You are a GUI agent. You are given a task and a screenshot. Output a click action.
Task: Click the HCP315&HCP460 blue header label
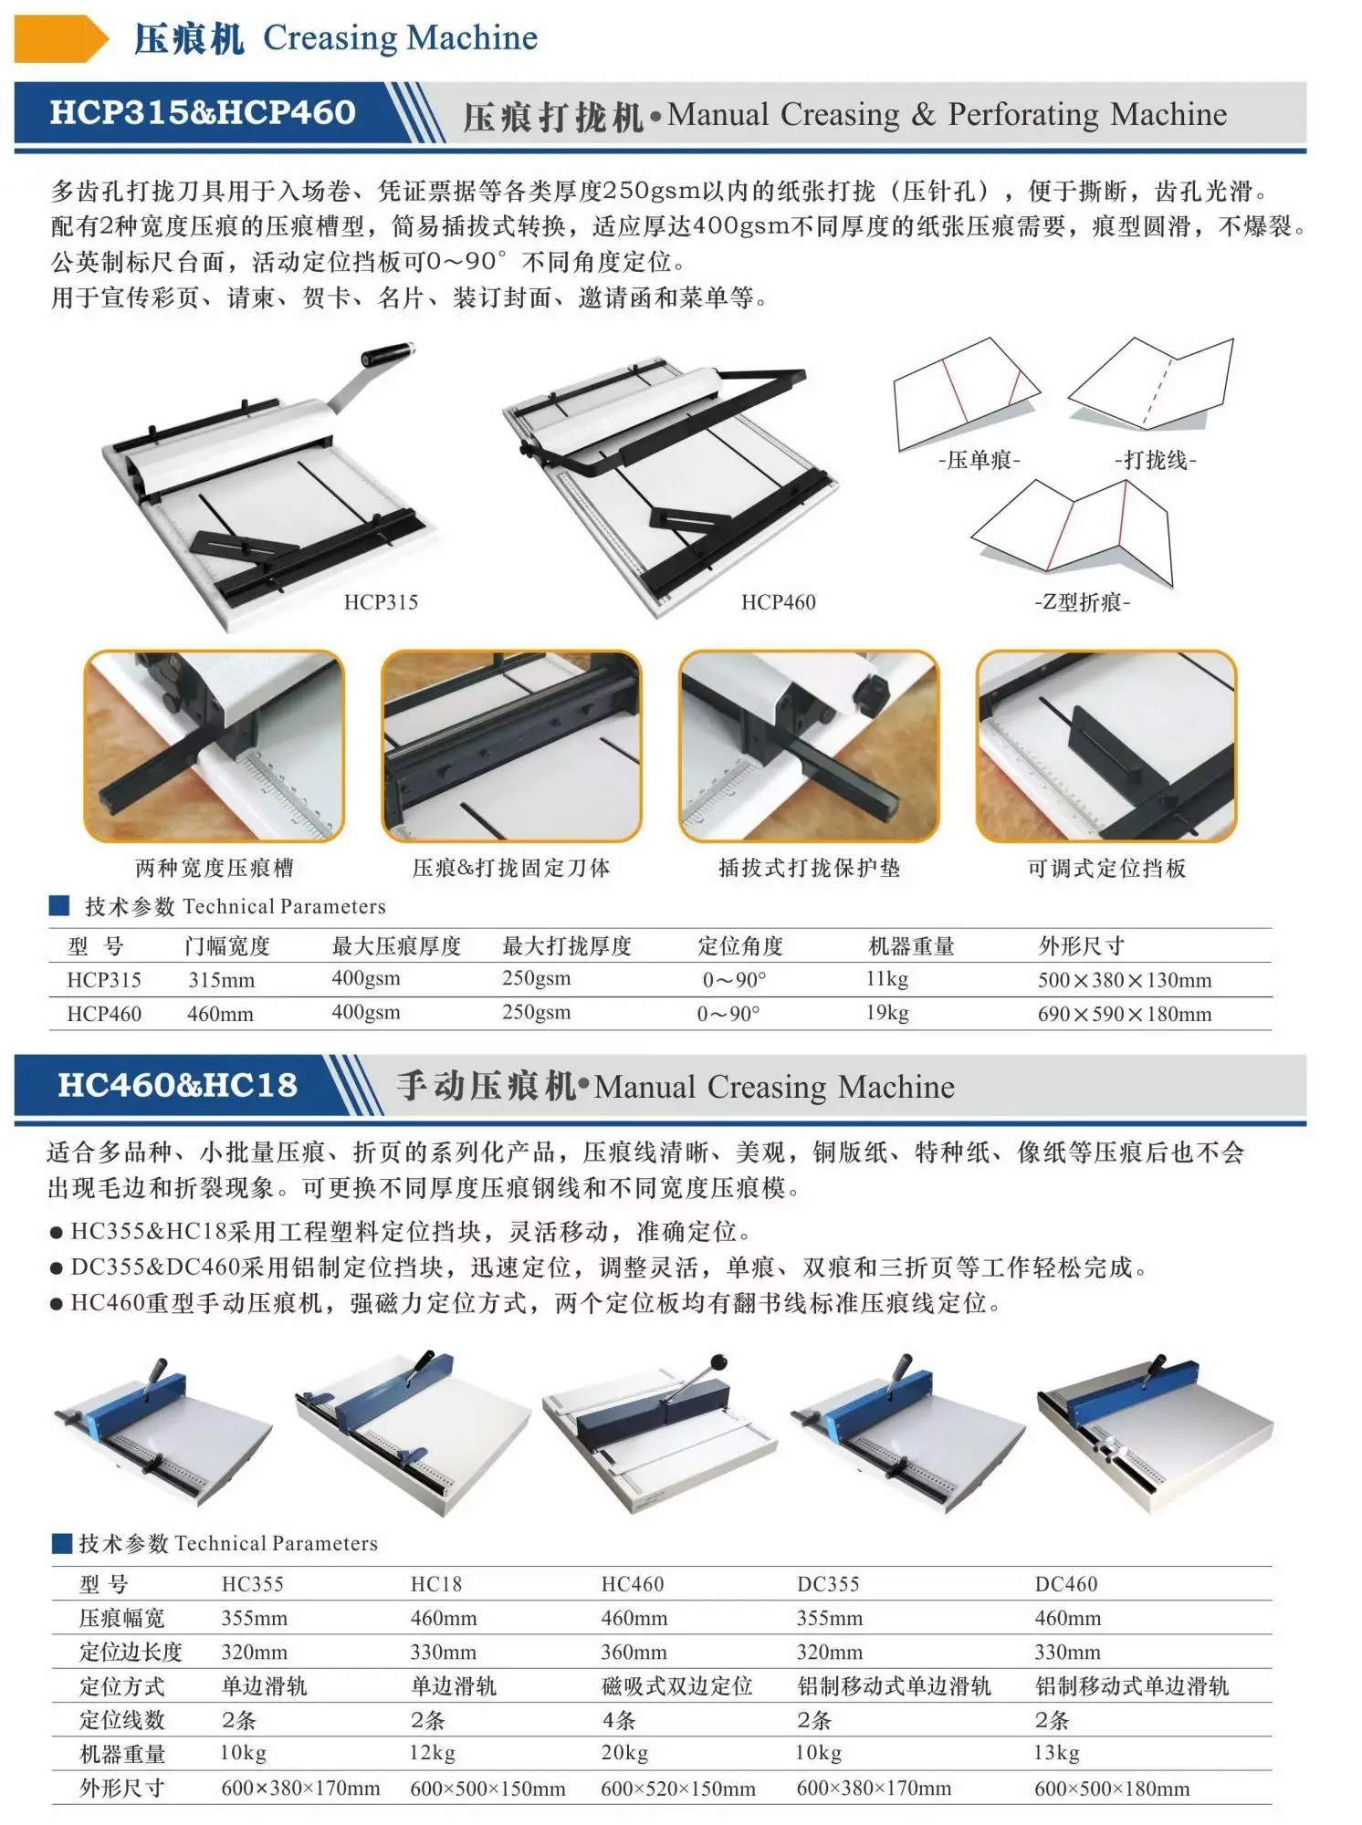(202, 112)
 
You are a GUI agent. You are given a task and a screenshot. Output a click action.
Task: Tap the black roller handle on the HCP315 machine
(387, 356)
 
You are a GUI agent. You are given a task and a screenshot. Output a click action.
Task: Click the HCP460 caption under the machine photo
(778, 602)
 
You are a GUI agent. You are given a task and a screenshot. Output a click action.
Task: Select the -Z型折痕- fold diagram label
(1082, 602)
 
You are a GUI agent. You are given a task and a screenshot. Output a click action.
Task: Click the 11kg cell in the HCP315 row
(886, 979)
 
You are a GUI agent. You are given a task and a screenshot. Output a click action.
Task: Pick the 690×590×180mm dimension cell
(1124, 1014)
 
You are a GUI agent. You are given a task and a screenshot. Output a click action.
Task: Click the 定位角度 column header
(740, 946)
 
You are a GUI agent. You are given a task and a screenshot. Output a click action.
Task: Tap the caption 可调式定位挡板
(1106, 868)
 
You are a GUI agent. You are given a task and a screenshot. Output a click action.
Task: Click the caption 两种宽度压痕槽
(215, 868)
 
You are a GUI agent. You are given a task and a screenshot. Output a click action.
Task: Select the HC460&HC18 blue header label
(177, 1085)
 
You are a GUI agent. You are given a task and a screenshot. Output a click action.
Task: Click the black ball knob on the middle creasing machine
(718, 1362)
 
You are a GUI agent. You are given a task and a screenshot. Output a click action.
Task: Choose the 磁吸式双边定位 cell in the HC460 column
(676, 1686)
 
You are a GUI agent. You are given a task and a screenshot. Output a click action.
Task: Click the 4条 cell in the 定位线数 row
(618, 1720)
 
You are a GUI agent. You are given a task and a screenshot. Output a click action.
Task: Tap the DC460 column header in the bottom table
(1065, 1584)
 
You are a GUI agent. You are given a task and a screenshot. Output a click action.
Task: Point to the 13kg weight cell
(1056, 1753)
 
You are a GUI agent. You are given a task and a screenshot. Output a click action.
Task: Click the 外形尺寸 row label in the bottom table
(121, 1788)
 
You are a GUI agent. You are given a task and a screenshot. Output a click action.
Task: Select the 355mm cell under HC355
(254, 1619)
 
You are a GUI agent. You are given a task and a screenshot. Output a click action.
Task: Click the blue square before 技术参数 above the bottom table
(62, 1543)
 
